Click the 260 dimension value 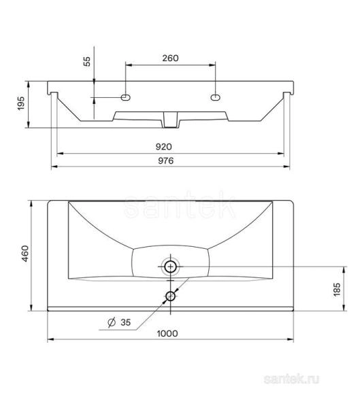pyautogui.click(x=170, y=58)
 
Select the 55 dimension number pyautogui.click(x=87, y=62)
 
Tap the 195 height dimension pyautogui.click(x=21, y=104)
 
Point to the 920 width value pyautogui.click(x=163, y=146)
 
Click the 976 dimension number pyautogui.click(x=167, y=161)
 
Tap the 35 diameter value pyautogui.click(x=125, y=323)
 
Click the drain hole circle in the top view pyautogui.click(x=170, y=267)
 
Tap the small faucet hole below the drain pyautogui.click(x=170, y=296)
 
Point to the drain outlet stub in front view pyautogui.click(x=170, y=120)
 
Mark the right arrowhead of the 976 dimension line pyautogui.click(x=290, y=168)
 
